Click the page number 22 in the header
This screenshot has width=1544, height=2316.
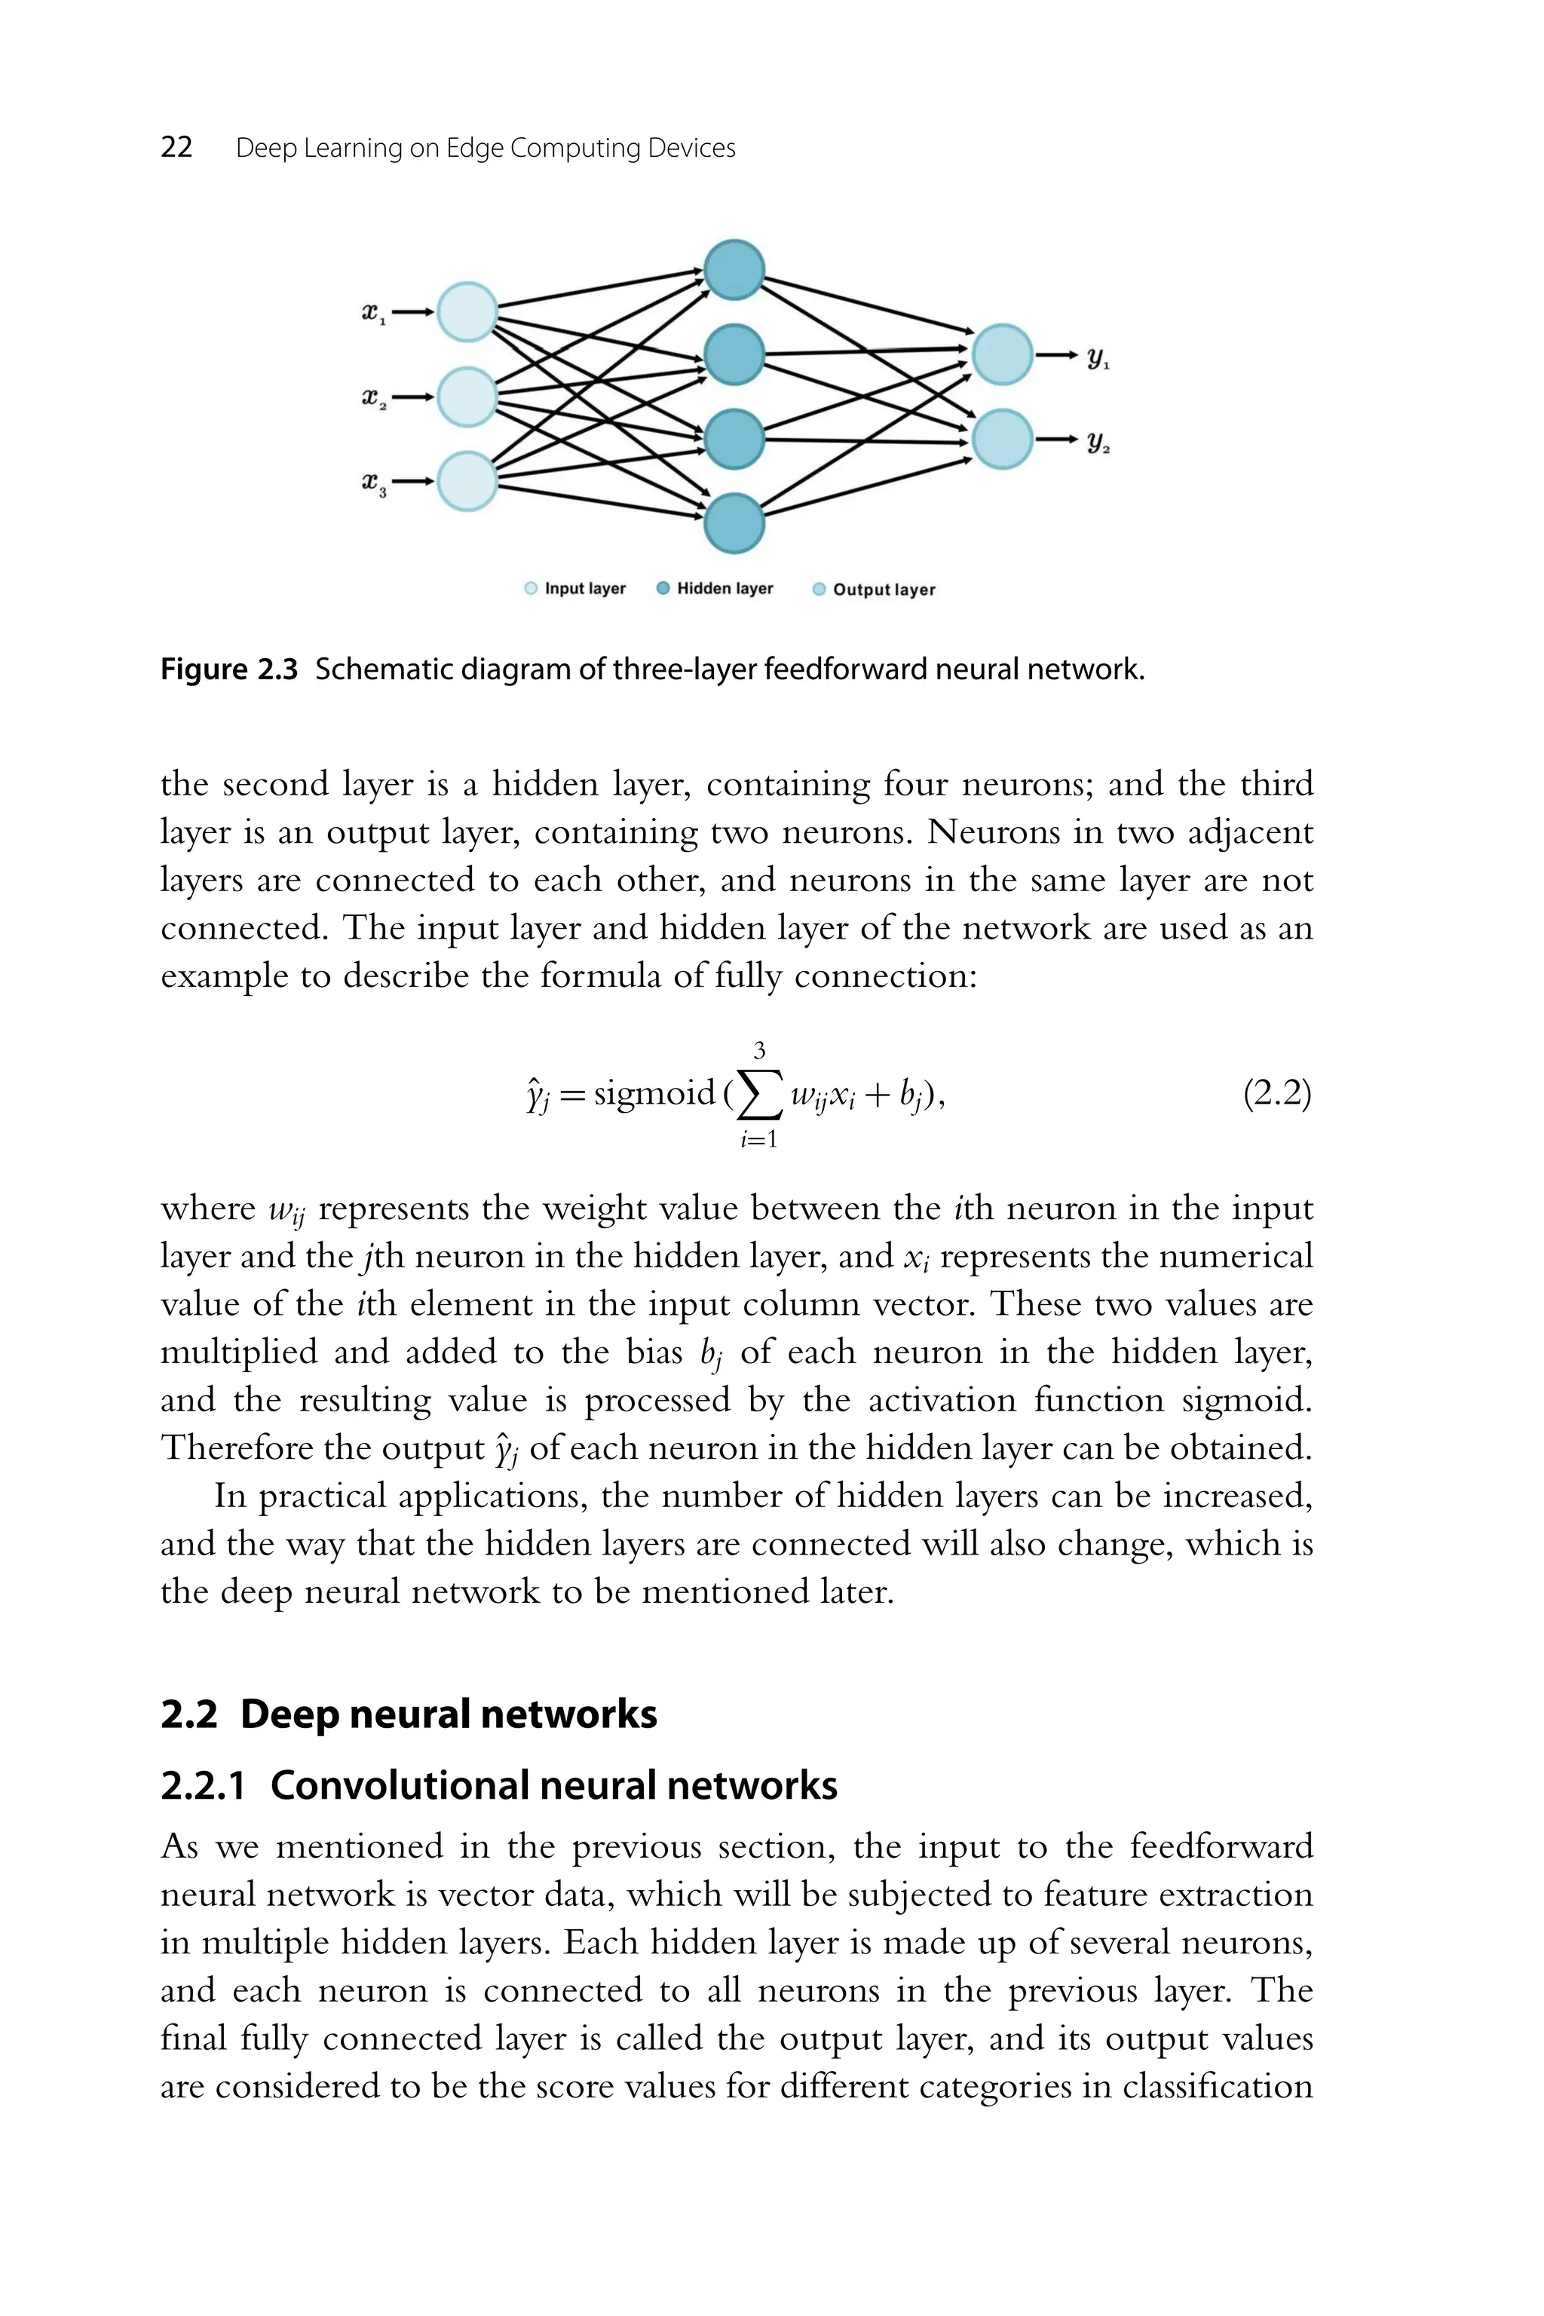(176, 148)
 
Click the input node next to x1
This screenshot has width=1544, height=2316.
(467, 311)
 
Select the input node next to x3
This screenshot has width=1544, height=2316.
(467, 482)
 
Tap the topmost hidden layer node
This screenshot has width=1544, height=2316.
(734, 270)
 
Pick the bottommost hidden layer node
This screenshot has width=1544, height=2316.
(734, 524)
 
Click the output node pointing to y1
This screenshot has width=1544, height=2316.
(1003, 354)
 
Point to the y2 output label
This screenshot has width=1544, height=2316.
(1098, 443)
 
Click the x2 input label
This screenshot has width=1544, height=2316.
(373, 399)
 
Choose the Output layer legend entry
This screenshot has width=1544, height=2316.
(874, 590)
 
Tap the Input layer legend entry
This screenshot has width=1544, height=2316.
(575, 589)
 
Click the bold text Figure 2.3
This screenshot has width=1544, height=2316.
(228, 670)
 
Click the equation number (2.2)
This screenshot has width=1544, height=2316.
(1277, 1094)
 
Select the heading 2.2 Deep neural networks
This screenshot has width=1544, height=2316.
(409, 1714)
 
